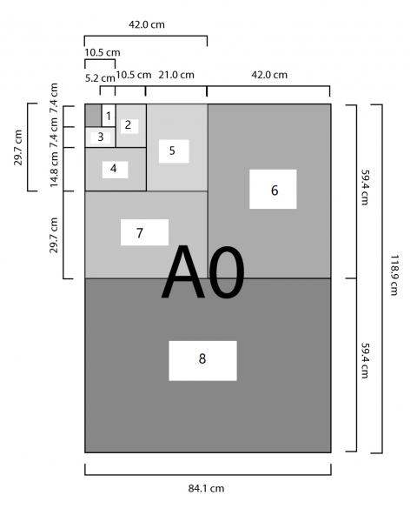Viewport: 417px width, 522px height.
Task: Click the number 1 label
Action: pos(109,117)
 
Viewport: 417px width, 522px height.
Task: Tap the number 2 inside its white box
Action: pos(128,124)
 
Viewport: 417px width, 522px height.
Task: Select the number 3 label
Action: pos(101,137)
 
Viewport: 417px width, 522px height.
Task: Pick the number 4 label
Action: pos(114,169)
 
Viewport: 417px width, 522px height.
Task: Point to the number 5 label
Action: pos(172,151)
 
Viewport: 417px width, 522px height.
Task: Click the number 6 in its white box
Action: pos(275,190)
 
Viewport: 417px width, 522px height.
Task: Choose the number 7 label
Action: pos(140,232)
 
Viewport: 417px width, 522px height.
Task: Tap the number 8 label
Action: pos(202,358)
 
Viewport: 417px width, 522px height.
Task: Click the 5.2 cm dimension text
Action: pos(100,78)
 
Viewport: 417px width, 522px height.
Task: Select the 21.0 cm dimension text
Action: pos(176,75)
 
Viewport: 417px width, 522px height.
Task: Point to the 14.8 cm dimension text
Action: pos(54,169)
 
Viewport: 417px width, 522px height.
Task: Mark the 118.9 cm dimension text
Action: pos(394,275)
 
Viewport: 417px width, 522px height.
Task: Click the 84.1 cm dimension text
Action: pos(206,488)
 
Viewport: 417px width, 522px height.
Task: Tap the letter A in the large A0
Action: pos(183,272)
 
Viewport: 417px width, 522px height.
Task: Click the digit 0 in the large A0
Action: pos(227,272)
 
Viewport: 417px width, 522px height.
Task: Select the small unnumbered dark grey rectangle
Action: pos(94,116)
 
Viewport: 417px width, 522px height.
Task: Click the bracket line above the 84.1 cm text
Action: pos(208,474)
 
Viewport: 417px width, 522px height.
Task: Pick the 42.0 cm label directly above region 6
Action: pos(269,75)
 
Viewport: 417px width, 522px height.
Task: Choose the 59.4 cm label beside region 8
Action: pos(365,360)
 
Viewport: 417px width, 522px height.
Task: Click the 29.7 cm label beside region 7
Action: pos(54,235)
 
